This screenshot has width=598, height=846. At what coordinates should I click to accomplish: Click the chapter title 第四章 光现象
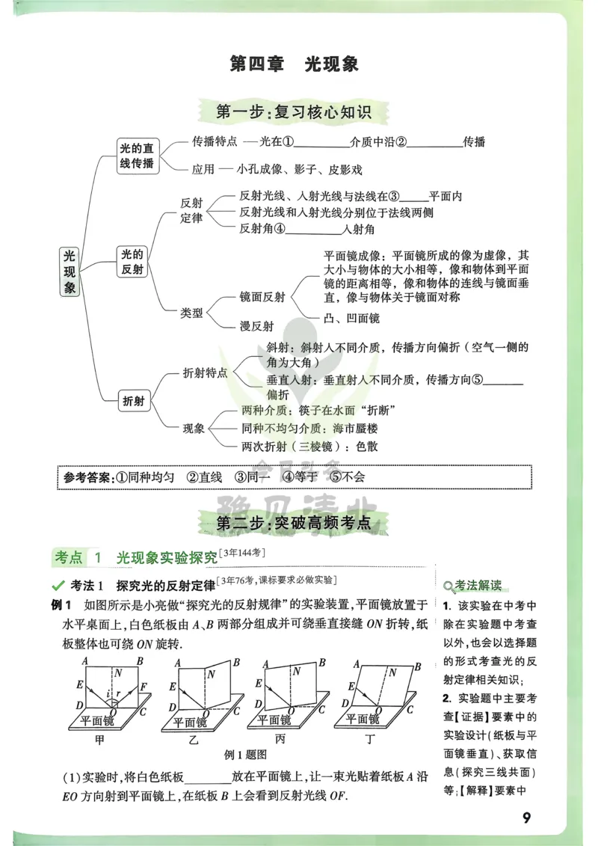coord(295,64)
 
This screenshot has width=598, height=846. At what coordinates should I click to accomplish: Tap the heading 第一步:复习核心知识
coord(294,113)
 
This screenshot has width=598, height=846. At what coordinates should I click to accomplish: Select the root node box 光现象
coord(70,272)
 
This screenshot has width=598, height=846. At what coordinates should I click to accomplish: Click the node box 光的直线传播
coord(138,156)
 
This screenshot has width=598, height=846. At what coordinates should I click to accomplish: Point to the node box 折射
coord(132,401)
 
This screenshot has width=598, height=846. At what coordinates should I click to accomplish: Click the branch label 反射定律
coord(191,210)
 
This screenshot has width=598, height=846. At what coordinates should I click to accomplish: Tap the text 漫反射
coord(256,326)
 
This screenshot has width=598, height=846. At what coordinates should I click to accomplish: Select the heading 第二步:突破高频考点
coord(294,523)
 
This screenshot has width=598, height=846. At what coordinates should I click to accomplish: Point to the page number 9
coord(526,818)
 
